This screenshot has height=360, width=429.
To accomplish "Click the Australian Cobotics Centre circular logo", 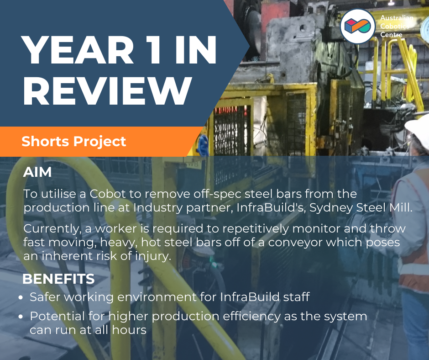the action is (358, 26).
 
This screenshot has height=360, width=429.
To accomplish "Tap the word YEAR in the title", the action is (77, 50).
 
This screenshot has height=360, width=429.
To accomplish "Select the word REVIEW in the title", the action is (107, 90).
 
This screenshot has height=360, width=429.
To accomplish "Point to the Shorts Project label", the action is (73, 141).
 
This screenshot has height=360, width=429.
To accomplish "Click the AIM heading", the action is (37, 172).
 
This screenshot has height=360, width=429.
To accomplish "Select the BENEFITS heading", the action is (58, 279).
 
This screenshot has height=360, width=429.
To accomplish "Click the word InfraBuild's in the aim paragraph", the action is (271, 207).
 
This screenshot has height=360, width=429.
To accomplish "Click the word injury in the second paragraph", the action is (153, 256).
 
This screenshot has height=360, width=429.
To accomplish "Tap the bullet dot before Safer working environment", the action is (21, 297).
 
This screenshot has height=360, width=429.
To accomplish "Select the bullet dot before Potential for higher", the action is (21, 317).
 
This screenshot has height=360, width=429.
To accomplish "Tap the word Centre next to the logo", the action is (391, 35).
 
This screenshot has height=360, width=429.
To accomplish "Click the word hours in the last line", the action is (129, 330).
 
